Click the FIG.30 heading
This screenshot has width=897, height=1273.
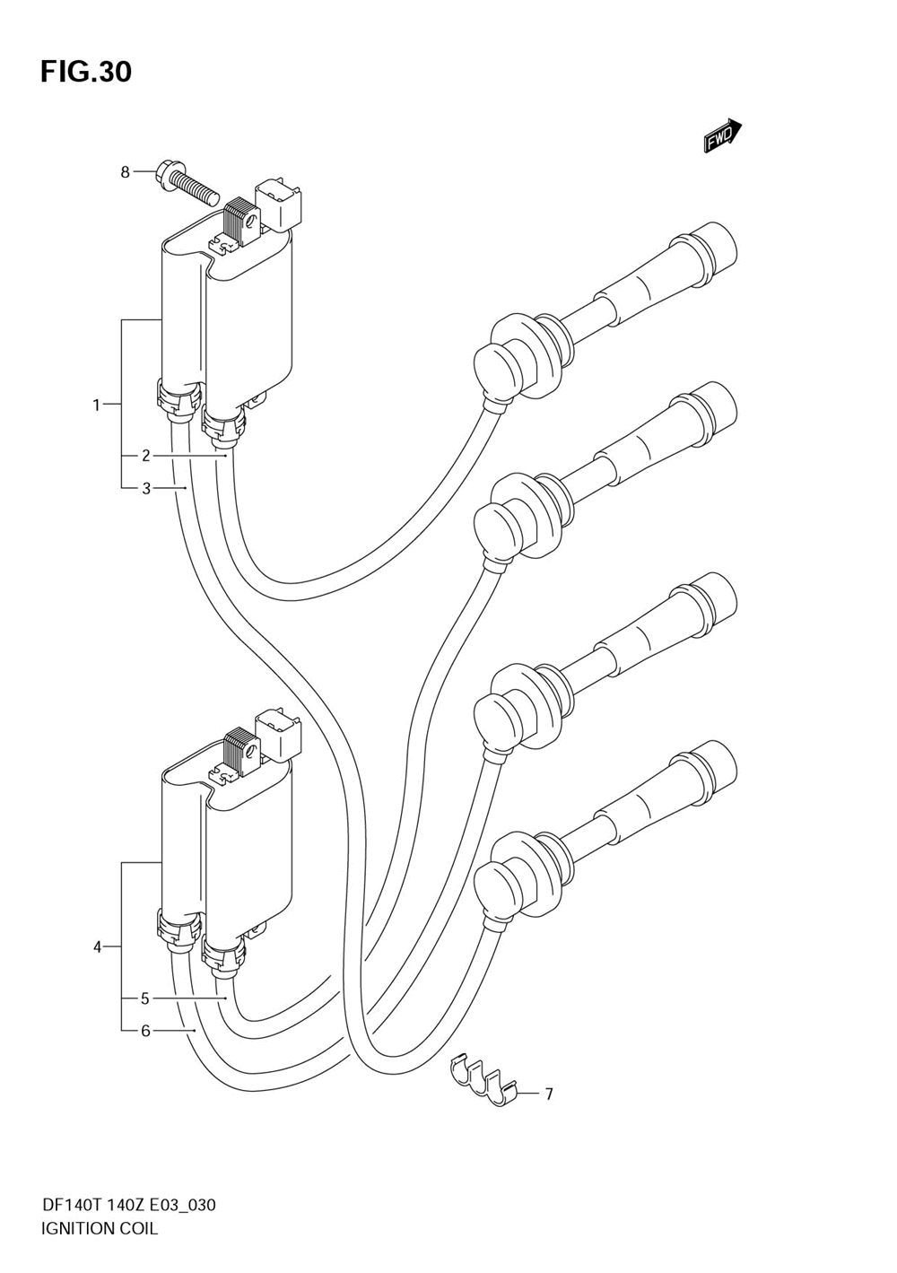[x=85, y=72]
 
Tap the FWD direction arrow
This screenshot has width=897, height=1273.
[x=722, y=137]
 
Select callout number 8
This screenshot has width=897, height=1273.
[x=126, y=171]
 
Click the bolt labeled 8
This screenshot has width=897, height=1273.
[x=188, y=181]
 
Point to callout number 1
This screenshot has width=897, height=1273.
[x=97, y=405]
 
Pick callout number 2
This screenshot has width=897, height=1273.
[x=145, y=456]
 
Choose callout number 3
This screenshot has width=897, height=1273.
[x=145, y=489]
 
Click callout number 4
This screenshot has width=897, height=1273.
[x=97, y=946]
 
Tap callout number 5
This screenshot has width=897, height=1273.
[x=145, y=998]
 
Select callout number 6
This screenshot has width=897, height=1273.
[x=145, y=1031]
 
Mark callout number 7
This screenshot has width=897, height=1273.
[x=548, y=1094]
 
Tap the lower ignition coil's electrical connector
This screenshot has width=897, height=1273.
[x=280, y=732]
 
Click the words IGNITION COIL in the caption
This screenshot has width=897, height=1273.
[x=100, y=1228]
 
